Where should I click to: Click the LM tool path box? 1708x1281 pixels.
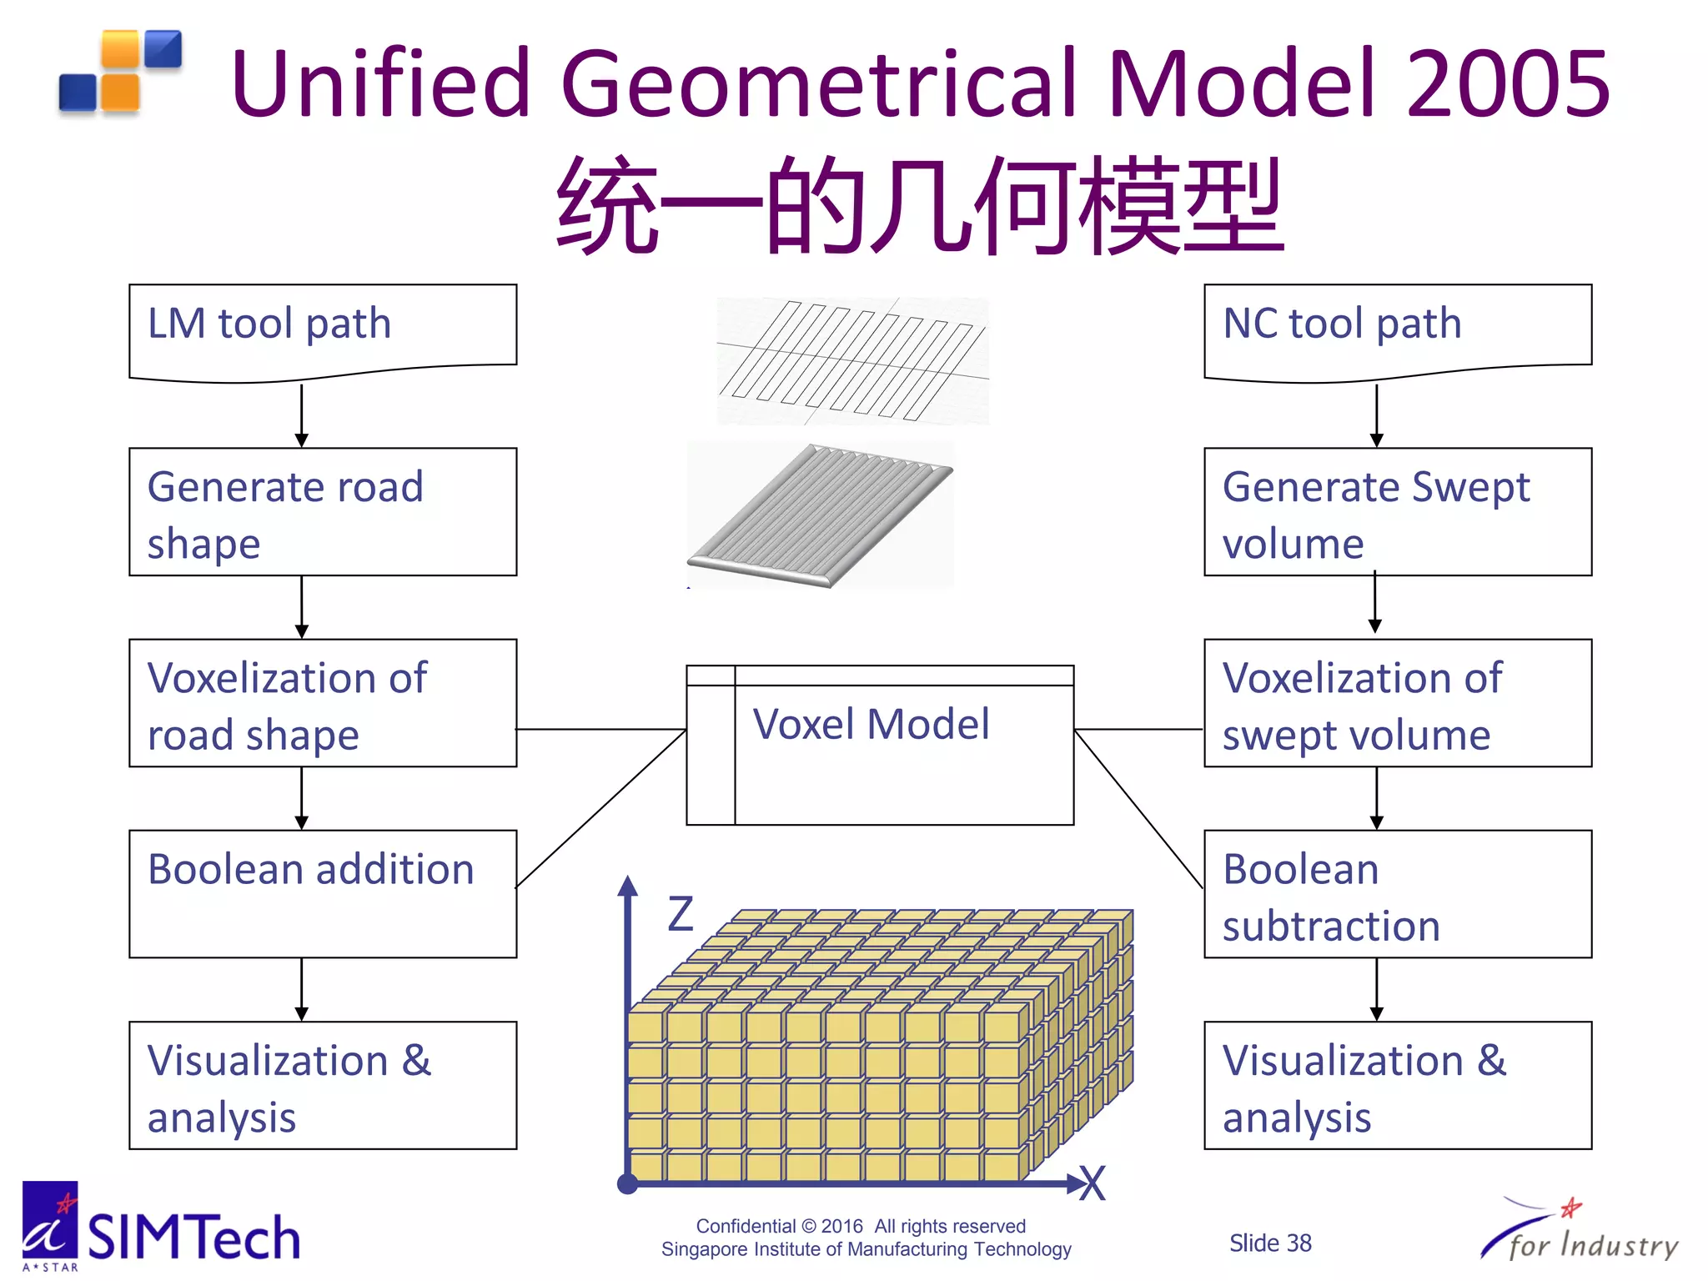pos(322,330)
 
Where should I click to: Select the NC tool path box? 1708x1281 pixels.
pos(1397,330)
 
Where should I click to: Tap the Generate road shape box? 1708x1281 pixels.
pos(322,511)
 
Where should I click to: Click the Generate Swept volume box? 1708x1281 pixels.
pos(1397,511)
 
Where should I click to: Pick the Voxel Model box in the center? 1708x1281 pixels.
pos(879,745)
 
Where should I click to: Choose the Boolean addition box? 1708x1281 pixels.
pos(322,893)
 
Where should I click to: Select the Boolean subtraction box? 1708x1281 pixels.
pos(1397,893)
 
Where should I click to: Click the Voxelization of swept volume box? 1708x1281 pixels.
pos(1397,702)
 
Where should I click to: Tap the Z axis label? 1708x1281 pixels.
pos(681,914)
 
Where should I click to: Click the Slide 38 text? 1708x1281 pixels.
pos(1269,1243)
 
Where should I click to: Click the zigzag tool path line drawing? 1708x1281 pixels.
pos(852,360)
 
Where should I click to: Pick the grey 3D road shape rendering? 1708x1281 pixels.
pos(819,515)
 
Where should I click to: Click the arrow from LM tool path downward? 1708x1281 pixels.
pos(302,414)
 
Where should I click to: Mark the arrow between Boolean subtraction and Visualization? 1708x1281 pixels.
pos(1376,989)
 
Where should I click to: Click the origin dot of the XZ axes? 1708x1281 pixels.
pos(627,1183)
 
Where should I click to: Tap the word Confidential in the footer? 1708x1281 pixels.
pos(745,1226)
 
